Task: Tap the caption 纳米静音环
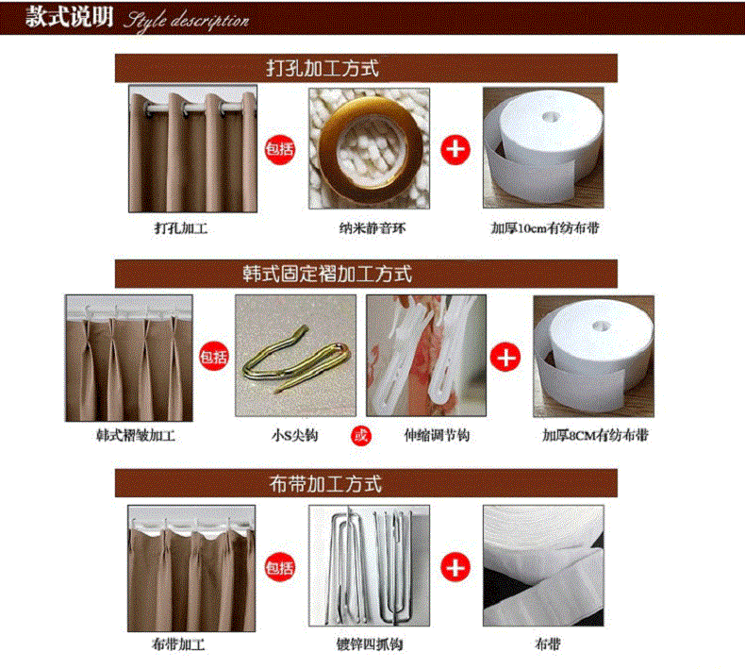pyautogui.click(x=372, y=228)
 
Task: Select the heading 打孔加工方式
pyautogui.click(x=323, y=69)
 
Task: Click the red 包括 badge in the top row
pyautogui.click(x=280, y=149)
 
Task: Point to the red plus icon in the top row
pyautogui.click(x=455, y=150)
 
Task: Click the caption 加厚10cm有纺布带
pyautogui.click(x=545, y=228)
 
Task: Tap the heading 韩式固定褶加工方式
pyautogui.click(x=327, y=274)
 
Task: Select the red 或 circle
pyautogui.click(x=360, y=435)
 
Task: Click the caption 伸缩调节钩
pyautogui.click(x=437, y=435)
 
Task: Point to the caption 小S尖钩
pyautogui.click(x=294, y=435)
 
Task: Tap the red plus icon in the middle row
pyautogui.click(x=505, y=357)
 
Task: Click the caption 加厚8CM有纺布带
pyautogui.click(x=595, y=435)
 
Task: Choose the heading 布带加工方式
pyautogui.click(x=325, y=484)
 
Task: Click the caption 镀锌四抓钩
pyautogui.click(x=370, y=644)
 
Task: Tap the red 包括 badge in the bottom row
pyautogui.click(x=280, y=568)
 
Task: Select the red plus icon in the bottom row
pyautogui.click(x=455, y=567)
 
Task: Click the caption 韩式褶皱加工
pyautogui.click(x=136, y=435)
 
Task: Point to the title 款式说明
pyautogui.click(x=70, y=17)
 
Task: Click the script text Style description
pyautogui.click(x=187, y=22)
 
